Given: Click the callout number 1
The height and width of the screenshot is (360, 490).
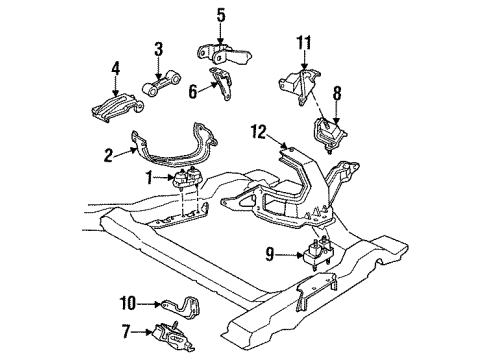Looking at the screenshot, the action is (150, 178).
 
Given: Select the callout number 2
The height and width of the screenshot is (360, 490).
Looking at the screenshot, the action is (109, 155).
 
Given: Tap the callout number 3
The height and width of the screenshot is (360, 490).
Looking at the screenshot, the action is (159, 49).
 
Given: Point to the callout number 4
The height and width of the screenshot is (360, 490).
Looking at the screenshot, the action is (116, 69).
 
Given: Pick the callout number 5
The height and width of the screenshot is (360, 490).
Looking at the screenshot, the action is (221, 16).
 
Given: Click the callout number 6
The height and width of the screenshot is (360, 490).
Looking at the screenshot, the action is (193, 92).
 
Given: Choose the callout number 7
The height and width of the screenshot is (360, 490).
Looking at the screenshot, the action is (126, 332).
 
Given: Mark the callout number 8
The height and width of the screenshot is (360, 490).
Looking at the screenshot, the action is (337, 94).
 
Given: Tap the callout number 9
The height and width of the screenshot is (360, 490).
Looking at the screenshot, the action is (270, 255).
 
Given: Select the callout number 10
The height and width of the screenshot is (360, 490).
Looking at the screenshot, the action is (128, 304).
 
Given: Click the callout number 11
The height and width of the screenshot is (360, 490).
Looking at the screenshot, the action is (304, 43).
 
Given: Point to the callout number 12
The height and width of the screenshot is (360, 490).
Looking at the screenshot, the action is (259, 132).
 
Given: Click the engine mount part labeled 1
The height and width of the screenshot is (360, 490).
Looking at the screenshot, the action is (188, 180).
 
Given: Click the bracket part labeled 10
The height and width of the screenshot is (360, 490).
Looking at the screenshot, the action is (182, 305).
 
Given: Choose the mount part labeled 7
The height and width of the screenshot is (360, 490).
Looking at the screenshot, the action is (173, 336).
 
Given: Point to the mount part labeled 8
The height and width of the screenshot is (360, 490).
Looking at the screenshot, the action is (328, 135).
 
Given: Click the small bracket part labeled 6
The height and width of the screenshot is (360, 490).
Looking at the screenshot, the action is (221, 84).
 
